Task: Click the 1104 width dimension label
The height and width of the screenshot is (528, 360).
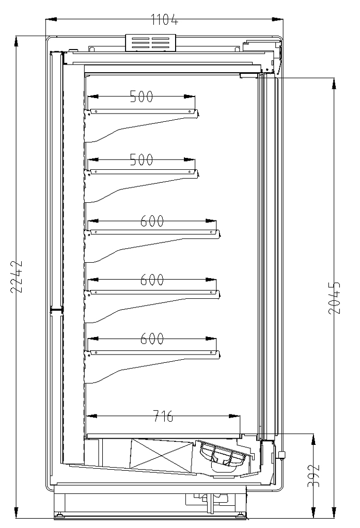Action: (164, 20)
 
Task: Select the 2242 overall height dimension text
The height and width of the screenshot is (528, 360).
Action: (17, 277)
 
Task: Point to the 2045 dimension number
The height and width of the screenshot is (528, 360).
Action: (334, 298)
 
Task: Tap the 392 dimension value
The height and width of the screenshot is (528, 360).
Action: (314, 475)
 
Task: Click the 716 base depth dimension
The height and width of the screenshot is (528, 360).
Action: (163, 416)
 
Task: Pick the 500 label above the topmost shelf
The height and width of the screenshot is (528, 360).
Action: (142, 97)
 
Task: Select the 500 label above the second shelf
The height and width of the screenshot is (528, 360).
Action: (142, 159)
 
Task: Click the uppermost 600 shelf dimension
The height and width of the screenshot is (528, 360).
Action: (152, 221)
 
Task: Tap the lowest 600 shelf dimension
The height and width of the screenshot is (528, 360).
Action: (152, 339)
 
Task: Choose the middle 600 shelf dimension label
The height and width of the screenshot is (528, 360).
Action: (152, 280)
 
